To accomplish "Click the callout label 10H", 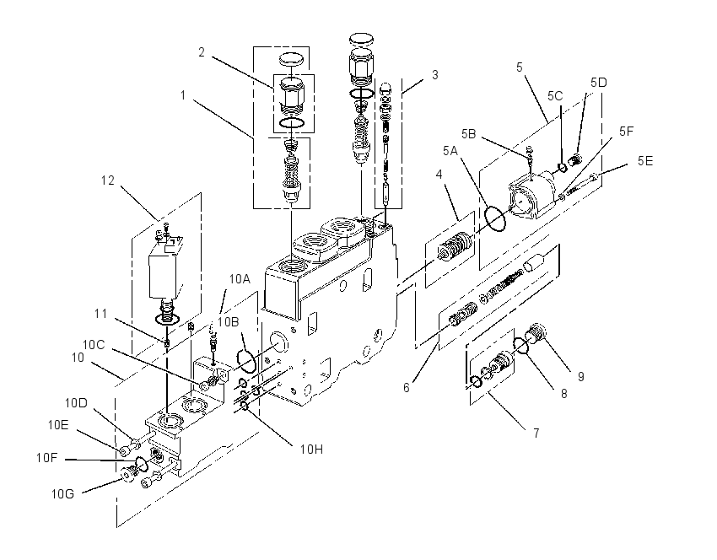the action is tap(311, 450).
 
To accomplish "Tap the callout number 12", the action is tap(107, 180).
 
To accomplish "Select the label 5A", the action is tap(450, 151).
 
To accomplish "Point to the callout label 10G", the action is tap(62, 494).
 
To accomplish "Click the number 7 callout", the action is tap(536, 433).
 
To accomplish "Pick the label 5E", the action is tap(645, 161).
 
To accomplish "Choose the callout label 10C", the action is tap(94, 345).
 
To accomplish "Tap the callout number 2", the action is tap(202, 52).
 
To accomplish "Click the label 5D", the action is tap(599, 83).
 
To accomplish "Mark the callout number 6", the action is tap(407, 388).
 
